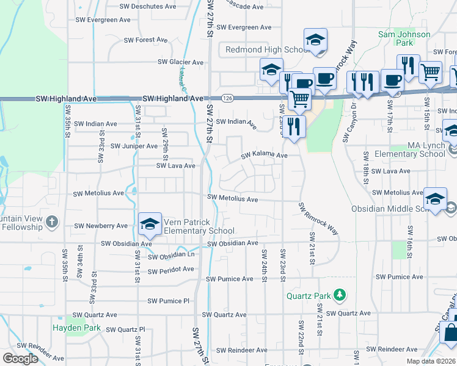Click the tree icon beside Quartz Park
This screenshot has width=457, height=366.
(x=340, y=296)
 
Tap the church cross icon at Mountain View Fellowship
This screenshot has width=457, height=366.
(x=52, y=222)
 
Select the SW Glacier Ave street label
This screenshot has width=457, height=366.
(x=180, y=62)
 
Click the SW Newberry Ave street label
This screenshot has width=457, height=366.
(x=101, y=226)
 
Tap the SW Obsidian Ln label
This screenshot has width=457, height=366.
(x=171, y=255)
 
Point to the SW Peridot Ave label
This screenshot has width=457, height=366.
(x=170, y=269)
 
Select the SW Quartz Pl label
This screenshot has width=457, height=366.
(x=126, y=329)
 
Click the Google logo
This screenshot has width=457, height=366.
(x=20, y=359)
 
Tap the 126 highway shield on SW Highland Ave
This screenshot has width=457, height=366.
(x=227, y=98)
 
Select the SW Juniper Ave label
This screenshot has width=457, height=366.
(x=133, y=146)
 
